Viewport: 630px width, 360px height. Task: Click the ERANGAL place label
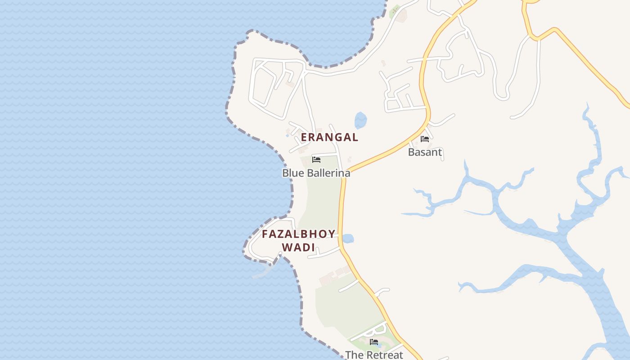(329, 137)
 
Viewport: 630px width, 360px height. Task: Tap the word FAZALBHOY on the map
(299, 234)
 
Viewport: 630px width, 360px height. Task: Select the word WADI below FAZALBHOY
(298, 247)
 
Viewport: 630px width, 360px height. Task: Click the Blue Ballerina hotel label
(316, 173)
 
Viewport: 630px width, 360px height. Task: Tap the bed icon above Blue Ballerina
(316, 160)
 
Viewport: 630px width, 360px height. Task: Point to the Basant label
(425, 152)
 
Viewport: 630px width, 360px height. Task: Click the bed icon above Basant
(424, 139)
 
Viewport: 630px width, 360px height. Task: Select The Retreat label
(374, 355)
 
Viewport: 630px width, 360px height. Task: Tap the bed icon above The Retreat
(374, 342)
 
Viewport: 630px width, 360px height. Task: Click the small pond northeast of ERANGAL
(361, 120)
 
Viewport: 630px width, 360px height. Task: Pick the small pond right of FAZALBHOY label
(348, 238)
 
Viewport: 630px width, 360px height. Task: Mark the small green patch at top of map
(395, 9)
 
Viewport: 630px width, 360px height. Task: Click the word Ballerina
(328, 173)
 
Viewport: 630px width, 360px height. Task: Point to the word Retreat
(383, 355)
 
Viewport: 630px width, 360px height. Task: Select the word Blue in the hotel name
(292, 173)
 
